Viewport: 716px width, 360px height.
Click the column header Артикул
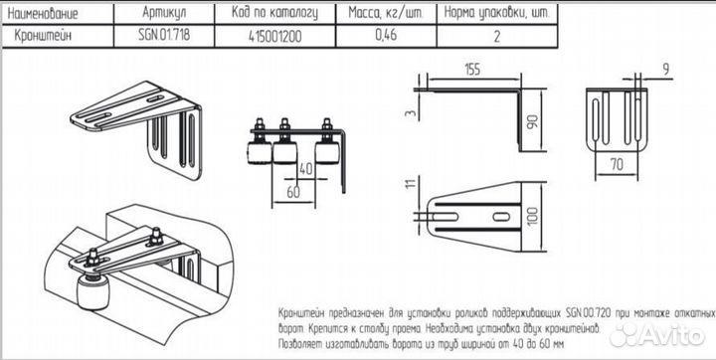(163, 14)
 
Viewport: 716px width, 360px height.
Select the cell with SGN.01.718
(163, 36)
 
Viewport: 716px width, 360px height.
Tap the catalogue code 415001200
(274, 36)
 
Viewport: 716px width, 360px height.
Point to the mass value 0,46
(386, 36)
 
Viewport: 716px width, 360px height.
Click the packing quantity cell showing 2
(497, 36)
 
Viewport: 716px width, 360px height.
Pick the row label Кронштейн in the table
(44, 36)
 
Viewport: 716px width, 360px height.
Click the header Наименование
(44, 14)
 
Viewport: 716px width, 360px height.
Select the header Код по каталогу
(274, 14)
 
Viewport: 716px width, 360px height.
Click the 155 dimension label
(473, 70)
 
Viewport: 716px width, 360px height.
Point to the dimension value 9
(665, 70)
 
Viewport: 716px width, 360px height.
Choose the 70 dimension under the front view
(617, 163)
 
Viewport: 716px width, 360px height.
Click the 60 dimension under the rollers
(293, 192)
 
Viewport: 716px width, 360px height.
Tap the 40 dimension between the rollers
(304, 169)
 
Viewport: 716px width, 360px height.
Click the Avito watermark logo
(657, 335)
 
